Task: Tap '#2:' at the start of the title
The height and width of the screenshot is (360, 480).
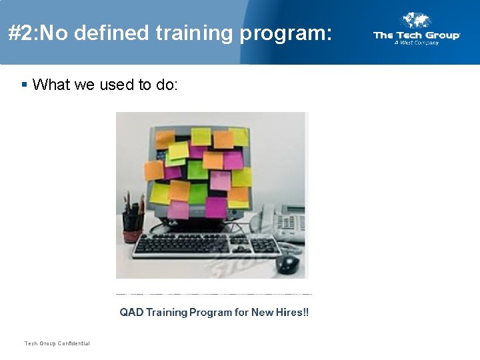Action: click(23, 33)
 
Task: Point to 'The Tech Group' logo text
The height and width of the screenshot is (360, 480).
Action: click(416, 35)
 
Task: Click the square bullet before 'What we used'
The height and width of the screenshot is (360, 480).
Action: click(24, 85)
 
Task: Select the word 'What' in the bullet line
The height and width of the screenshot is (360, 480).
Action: click(52, 85)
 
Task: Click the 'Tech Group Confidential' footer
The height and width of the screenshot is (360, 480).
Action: click(57, 343)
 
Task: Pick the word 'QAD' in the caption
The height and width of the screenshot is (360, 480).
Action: click(131, 312)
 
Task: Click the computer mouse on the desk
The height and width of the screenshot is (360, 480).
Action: click(287, 263)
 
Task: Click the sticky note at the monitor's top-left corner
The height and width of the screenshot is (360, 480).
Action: click(165, 139)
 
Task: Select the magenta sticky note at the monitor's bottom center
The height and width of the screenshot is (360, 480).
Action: click(216, 207)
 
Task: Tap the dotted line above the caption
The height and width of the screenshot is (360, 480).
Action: click(213, 294)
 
